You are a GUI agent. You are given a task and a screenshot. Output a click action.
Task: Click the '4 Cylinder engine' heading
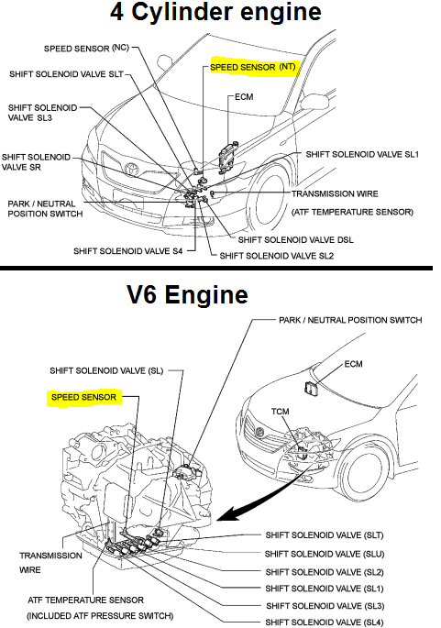pyautogui.click(x=216, y=13)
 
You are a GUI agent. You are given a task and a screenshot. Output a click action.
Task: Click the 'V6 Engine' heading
pyautogui.click(x=187, y=295)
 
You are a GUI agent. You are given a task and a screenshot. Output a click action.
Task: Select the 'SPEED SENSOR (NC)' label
pyautogui.click(x=85, y=48)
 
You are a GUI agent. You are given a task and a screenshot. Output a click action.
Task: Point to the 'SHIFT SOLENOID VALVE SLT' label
pyautogui.click(x=67, y=75)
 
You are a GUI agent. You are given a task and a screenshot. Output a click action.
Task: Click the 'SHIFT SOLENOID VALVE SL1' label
pyautogui.click(x=362, y=155)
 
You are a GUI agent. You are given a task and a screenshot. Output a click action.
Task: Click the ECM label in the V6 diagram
pyautogui.click(x=354, y=364)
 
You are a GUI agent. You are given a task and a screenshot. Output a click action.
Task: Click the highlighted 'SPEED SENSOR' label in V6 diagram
pyautogui.click(x=83, y=399)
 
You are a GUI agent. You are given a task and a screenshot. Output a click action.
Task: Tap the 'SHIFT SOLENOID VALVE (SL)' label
pyautogui.click(x=105, y=370)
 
